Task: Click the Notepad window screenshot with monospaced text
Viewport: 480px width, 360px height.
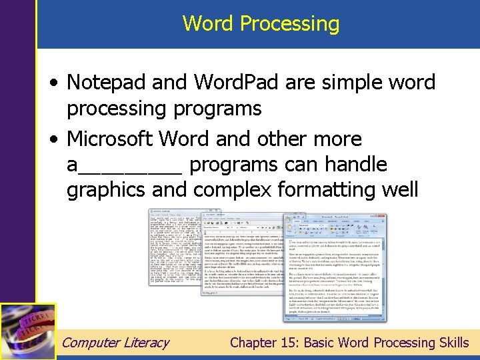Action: point(175,247)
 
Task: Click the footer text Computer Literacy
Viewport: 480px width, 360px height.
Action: point(115,343)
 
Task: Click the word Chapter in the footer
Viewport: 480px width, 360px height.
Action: point(253,343)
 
